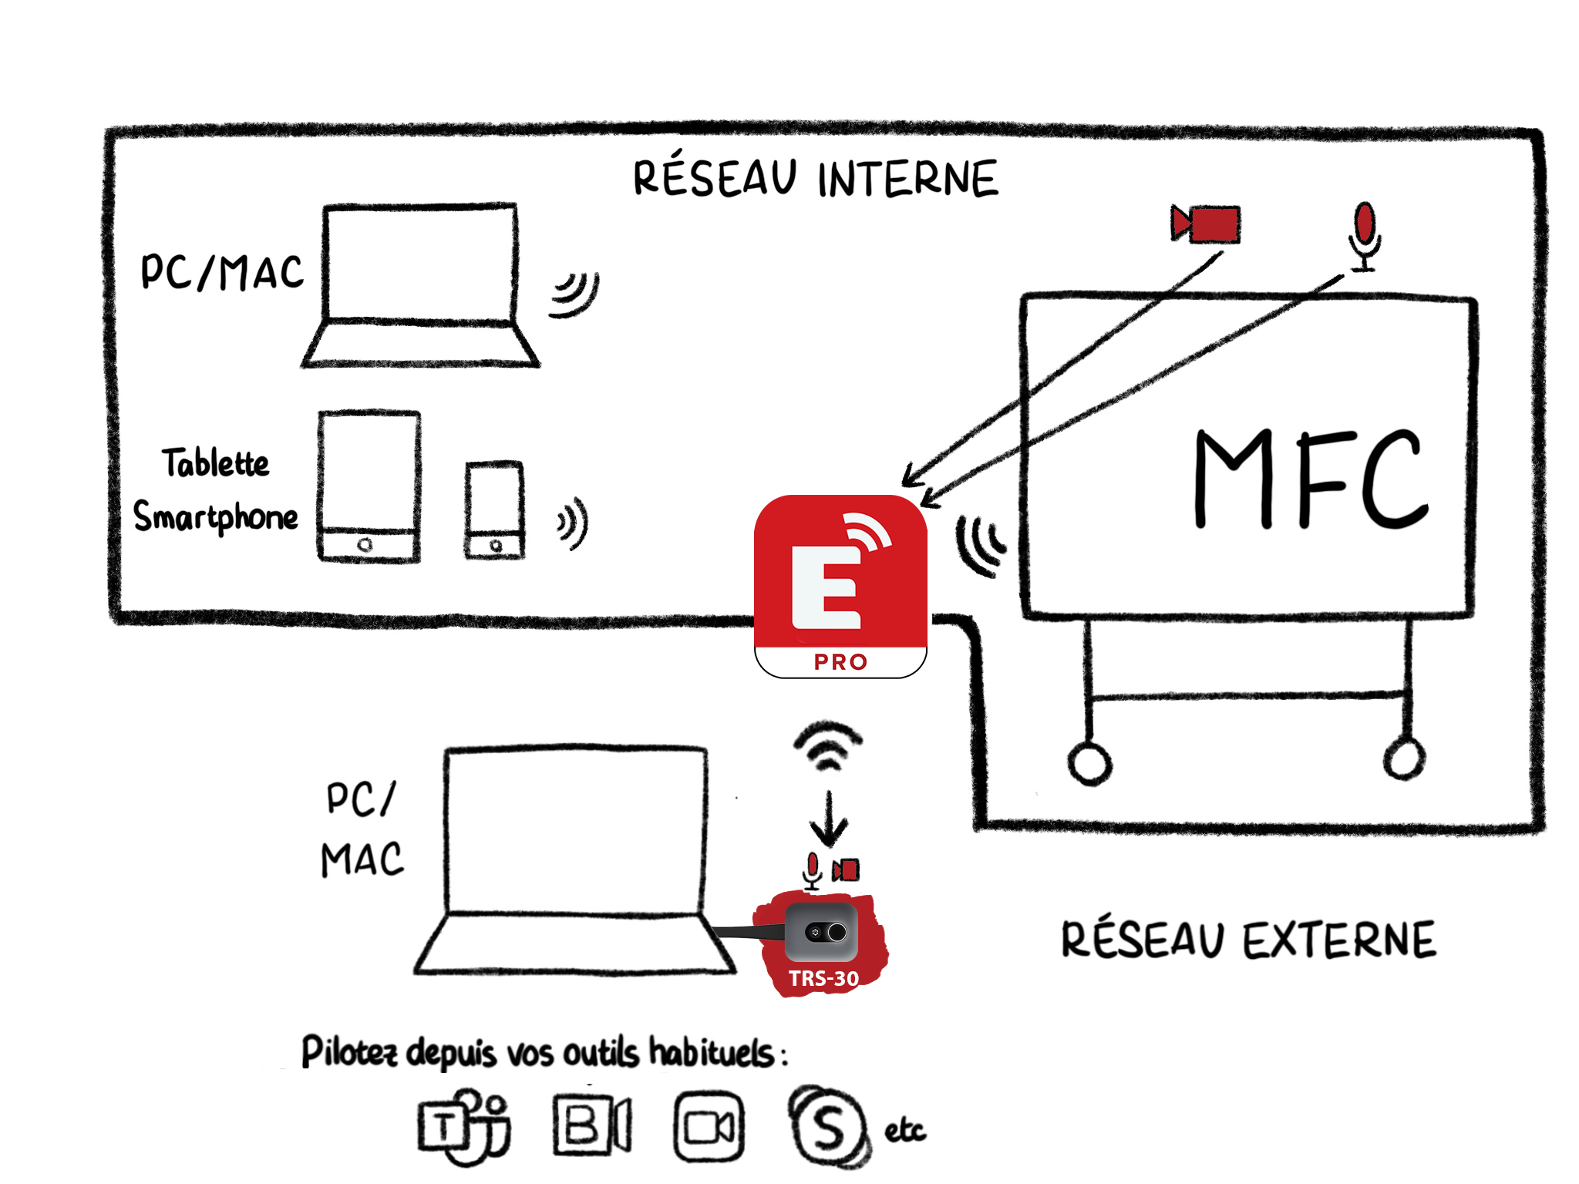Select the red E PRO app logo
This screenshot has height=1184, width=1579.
(840, 586)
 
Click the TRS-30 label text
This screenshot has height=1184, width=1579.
(823, 978)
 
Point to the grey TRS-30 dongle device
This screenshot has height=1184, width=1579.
(822, 933)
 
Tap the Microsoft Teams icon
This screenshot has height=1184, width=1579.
(463, 1127)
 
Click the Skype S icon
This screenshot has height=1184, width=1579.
(827, 1127)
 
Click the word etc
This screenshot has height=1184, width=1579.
(904, 1131)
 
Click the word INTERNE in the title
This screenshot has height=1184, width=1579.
(907, 179)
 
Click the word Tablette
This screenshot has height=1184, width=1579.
(216, 462)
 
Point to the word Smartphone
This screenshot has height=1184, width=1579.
(216, 516)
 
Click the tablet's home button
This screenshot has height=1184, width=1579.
(365, 545)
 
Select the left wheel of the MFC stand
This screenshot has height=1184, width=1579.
(1089, 763)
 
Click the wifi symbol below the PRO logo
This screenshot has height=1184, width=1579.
(828, 745)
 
